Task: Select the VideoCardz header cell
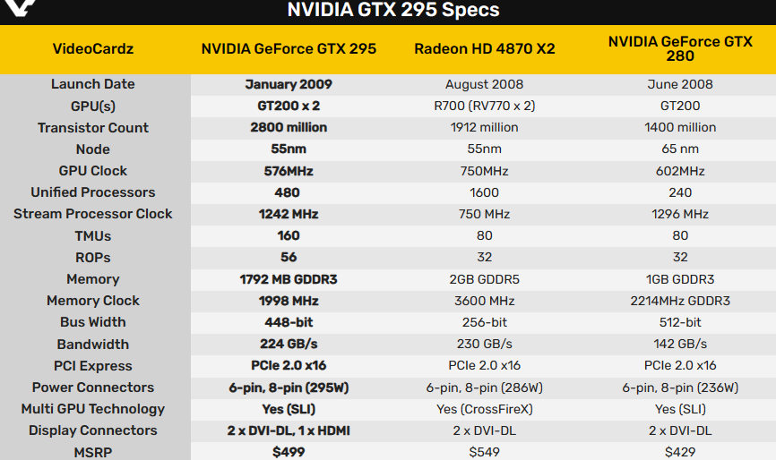pos(93,48)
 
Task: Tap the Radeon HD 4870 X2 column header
pos(484,48)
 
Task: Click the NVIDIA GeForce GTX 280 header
pos(680,48)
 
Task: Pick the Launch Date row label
pos(93,84)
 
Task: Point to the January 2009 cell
pos(289,84)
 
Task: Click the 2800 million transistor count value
pos(289,127)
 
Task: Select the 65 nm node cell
pos(680,149)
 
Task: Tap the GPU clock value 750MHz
pos(484,171)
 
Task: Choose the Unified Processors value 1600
pos(484,192)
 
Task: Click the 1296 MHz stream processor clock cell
pos(680,214)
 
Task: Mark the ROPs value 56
pos(289,258)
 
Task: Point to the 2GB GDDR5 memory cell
pos(484,279)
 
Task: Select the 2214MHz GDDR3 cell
pos(680,301)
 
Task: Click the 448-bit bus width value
pos(289,322)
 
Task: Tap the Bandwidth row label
pos(93,345)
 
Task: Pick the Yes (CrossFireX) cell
pos(484,409)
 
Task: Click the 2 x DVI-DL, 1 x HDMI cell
pos(289,430)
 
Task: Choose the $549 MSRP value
pos(484,452)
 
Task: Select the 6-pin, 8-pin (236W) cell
pos(680,388)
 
